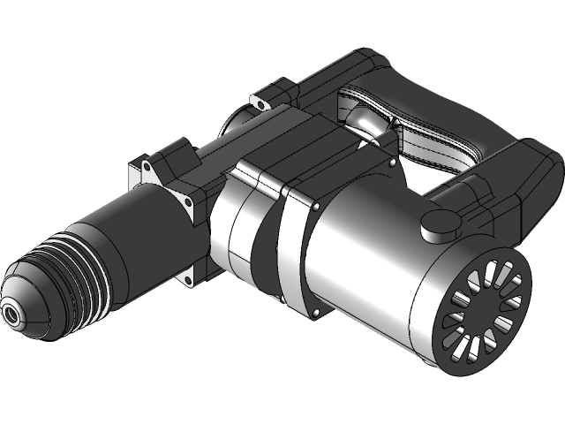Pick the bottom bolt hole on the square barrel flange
188,280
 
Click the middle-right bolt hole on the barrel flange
189,202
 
